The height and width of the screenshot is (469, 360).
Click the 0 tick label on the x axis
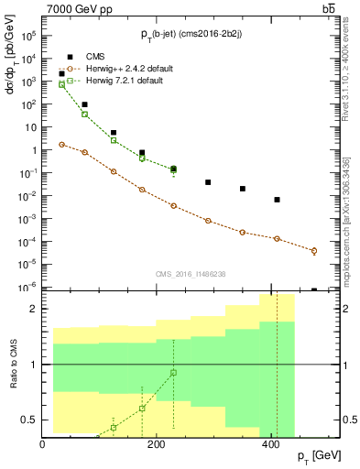tap(43, 444)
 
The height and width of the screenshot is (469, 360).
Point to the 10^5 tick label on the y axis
tap(28, 36)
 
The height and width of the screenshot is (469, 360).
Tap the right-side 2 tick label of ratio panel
tap(344, 309)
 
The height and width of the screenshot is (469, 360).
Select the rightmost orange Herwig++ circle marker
tap(314, 250)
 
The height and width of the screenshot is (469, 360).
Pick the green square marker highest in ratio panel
tap(173, 373)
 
